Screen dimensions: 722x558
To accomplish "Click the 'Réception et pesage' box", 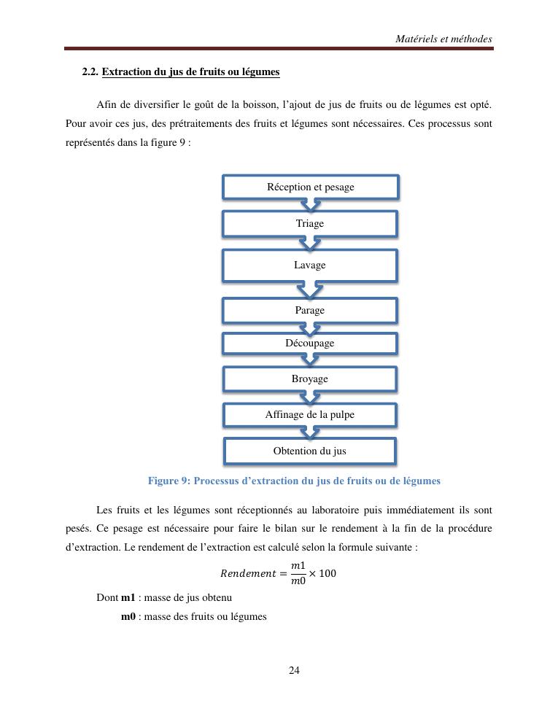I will coord(310,187).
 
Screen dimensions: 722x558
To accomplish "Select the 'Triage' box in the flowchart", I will coord(310,223).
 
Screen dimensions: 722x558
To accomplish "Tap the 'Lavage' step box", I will coord(310,265).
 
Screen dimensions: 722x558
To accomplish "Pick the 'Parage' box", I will coord(310,311).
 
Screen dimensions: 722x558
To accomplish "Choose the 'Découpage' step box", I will coord(310,343).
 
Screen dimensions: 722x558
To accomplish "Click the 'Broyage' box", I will coord(310,379).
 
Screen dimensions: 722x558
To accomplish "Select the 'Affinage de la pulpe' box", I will coord(310,415).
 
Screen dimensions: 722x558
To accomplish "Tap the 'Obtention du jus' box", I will coord(310,451).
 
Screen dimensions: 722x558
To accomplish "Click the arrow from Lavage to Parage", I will coord(310,290).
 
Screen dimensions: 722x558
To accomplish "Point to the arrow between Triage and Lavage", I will coord(310,243).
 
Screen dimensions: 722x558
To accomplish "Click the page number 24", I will coord(294,671).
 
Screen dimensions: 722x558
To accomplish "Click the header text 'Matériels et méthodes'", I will coord(444,39).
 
